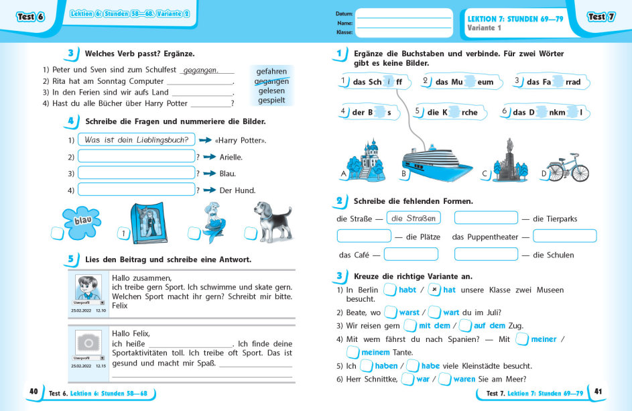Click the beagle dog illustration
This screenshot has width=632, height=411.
tap(273, 221)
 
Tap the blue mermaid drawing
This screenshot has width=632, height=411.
tap(216, 221)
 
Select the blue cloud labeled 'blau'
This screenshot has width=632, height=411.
tap(82, 219)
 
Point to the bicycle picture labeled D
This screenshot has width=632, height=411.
tap(567, 167)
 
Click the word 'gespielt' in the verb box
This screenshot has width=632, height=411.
tap(271, 101)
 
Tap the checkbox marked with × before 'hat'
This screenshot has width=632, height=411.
tap(434, 290)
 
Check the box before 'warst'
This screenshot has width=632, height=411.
tap(390, 312)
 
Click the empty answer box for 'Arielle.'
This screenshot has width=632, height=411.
tap(136, 157)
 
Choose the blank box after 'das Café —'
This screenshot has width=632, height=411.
tap(411, 255)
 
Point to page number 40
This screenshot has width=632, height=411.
tap(34, 392)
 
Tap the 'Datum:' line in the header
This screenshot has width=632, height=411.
tap(404, 13)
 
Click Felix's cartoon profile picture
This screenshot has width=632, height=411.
tap(88, 288)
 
